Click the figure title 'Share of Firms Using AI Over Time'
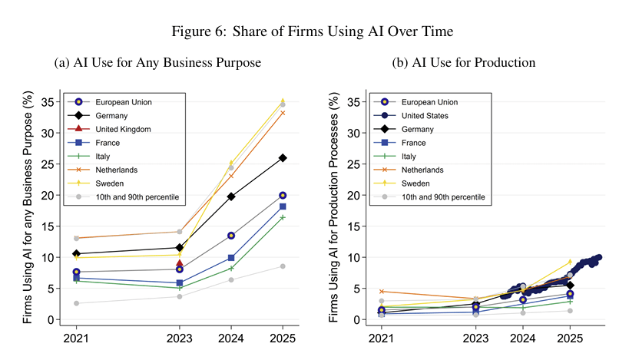coord(314,31)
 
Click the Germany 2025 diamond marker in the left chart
coord(283,158)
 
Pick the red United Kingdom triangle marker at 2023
coord(180,263)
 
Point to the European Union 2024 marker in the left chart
coord(231,236)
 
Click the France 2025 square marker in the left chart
coord(283,206)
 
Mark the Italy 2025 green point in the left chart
coord(283,217)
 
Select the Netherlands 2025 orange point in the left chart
coord(283,113)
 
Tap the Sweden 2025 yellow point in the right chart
coord(570,262)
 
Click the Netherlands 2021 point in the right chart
coord(382,291)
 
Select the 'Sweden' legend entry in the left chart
coord(111,184)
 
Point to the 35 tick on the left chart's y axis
coord(51,101)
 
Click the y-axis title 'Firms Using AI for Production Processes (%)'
coord(333,207)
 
